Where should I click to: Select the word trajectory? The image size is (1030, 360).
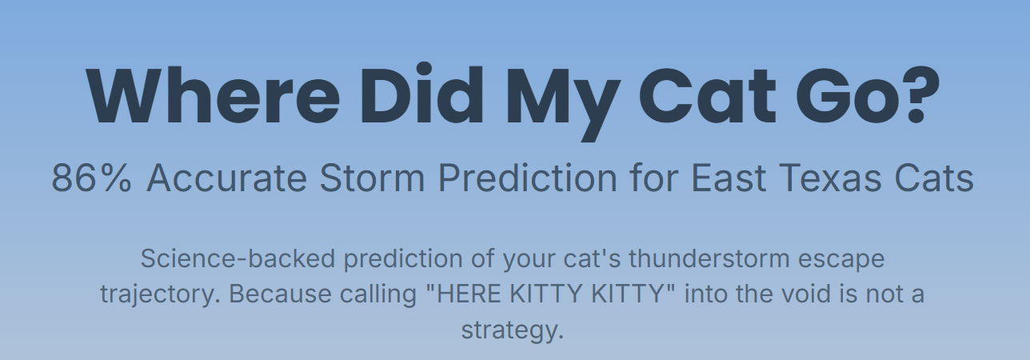(156, 294)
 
